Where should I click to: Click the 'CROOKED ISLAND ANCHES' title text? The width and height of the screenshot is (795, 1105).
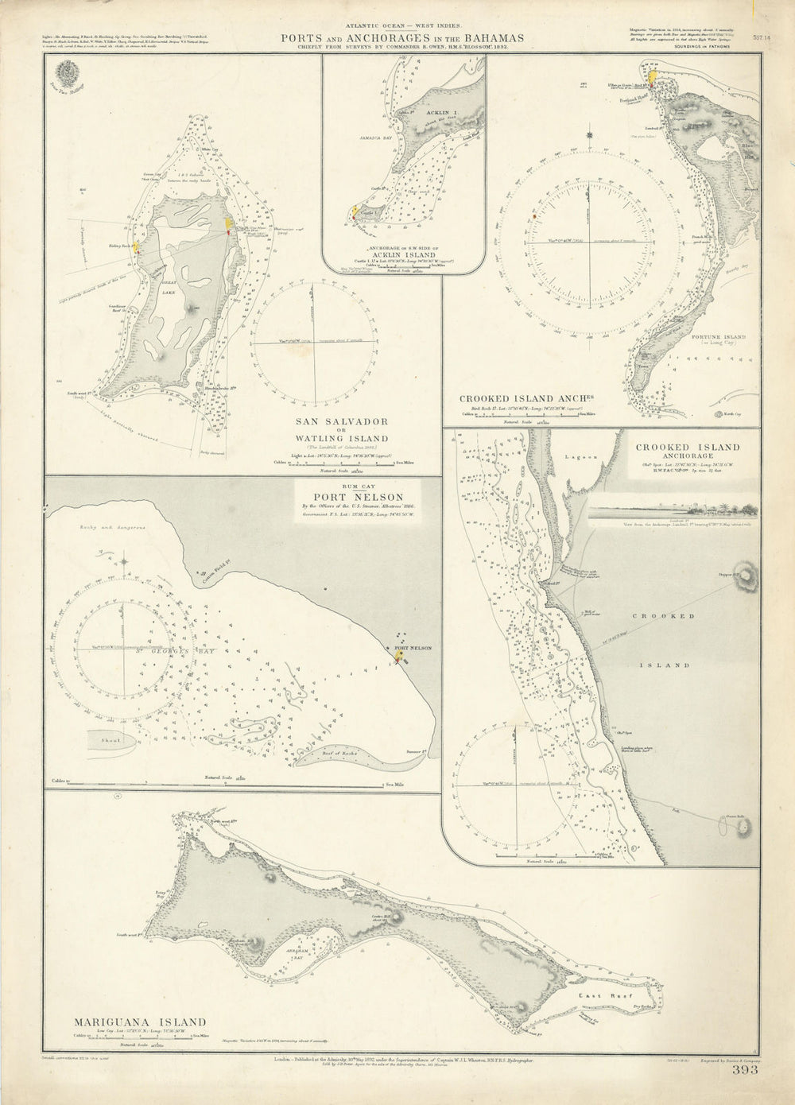click(x=528, y=399)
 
